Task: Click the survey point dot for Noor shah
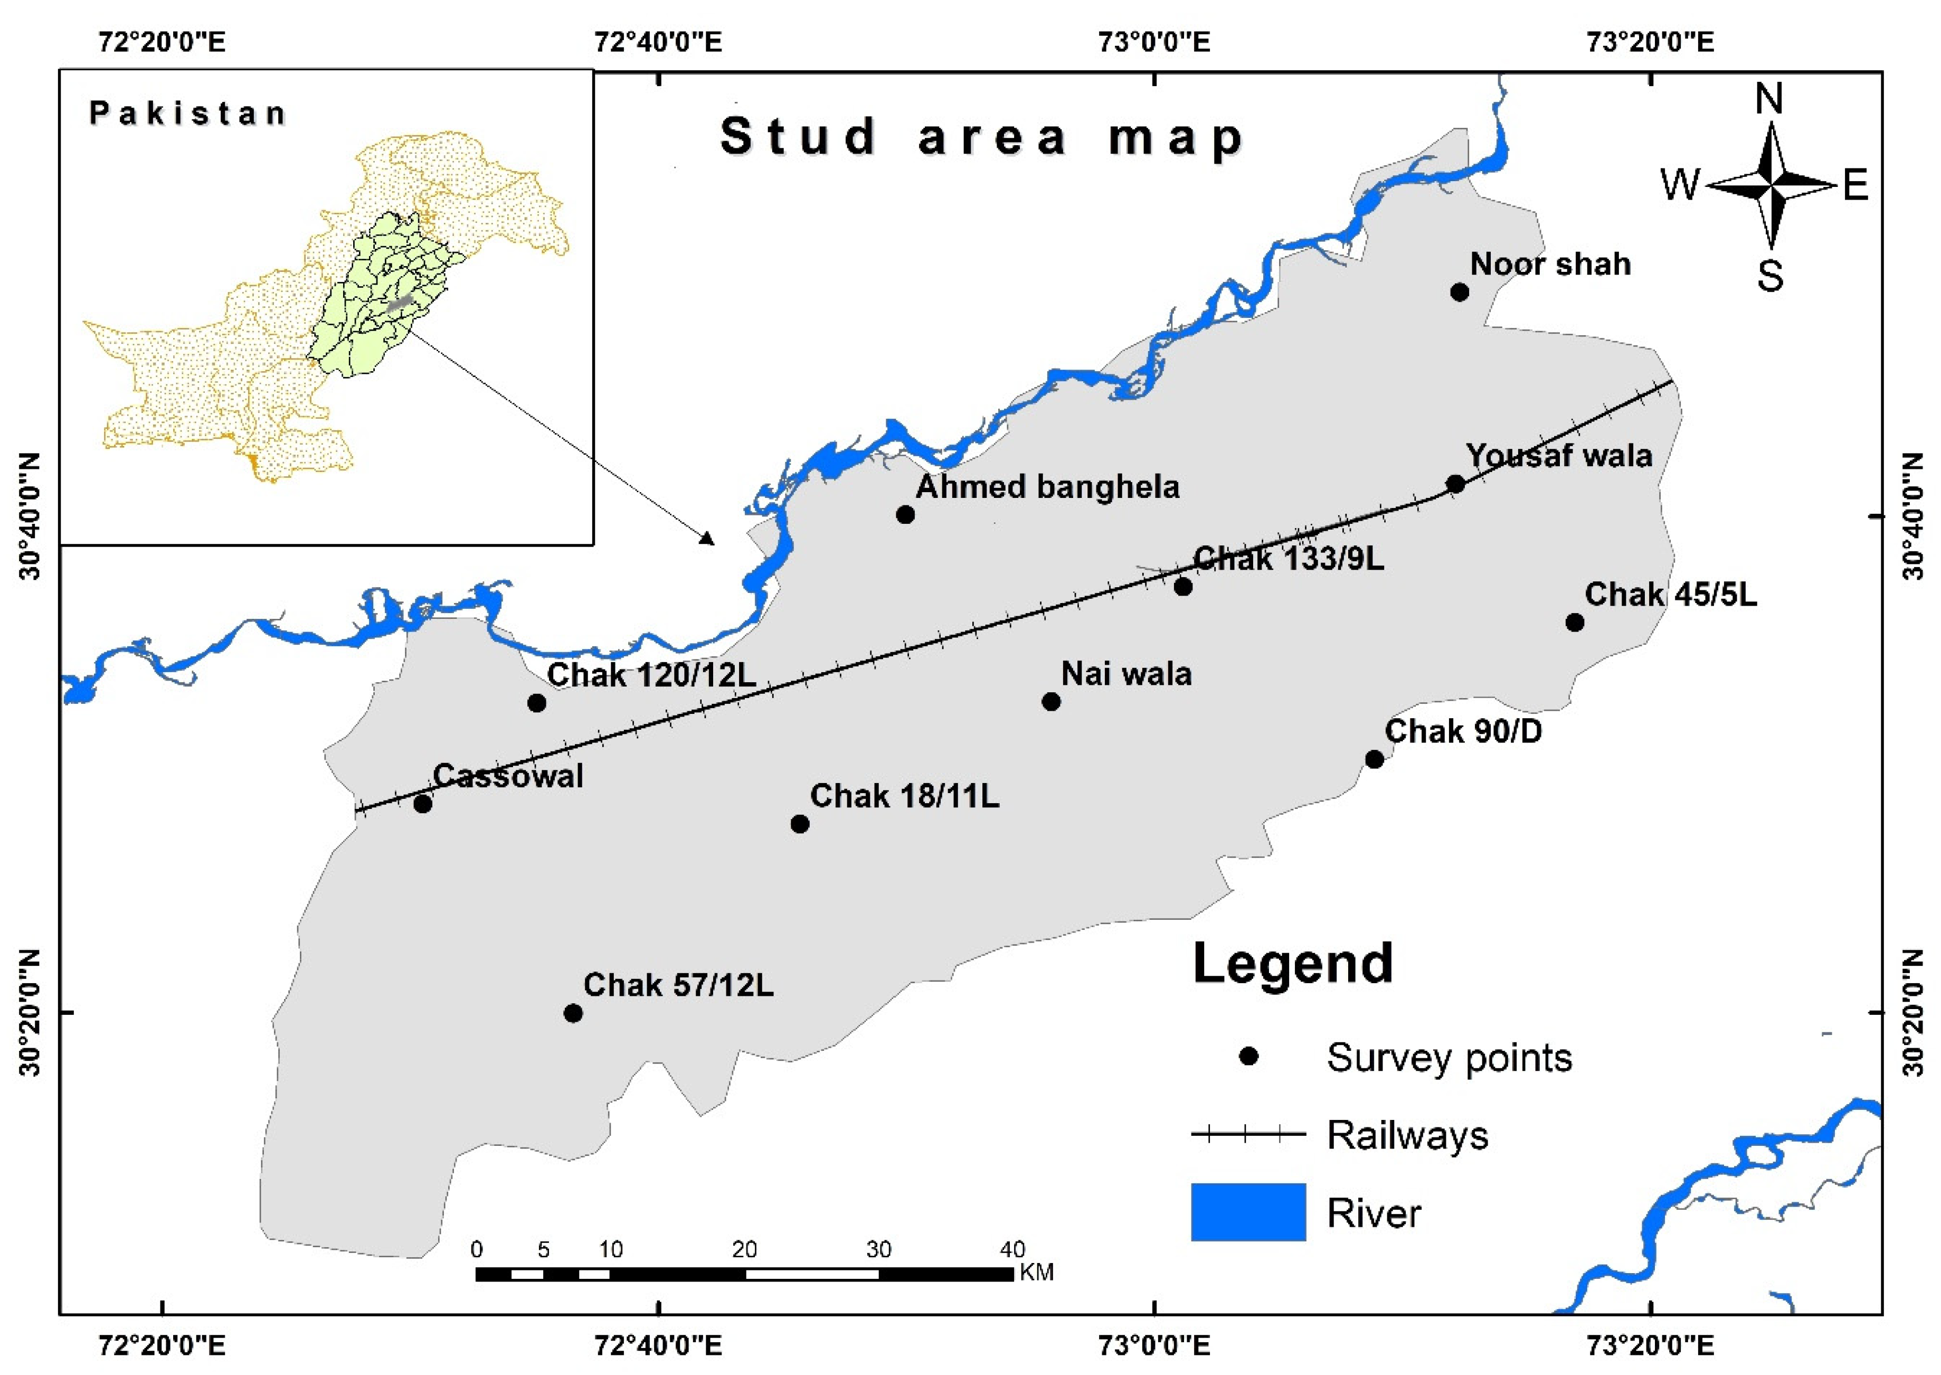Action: [1459, 292]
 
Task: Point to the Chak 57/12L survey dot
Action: [573, 1013]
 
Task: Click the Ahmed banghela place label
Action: [1047, 487]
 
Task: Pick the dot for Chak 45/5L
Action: [1575, 623]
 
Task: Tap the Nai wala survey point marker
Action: [1050, 701]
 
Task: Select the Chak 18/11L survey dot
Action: [799, 824]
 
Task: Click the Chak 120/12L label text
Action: [651, 675]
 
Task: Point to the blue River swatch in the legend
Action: [1248, 1212]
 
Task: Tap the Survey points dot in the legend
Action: [1248, 1057]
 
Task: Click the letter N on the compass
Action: [1768, 100]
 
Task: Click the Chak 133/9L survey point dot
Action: [1182, 587]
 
